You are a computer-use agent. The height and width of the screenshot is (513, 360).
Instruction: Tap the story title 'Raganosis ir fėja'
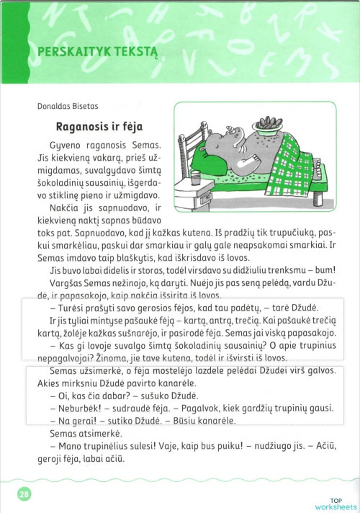(x=99, y=127)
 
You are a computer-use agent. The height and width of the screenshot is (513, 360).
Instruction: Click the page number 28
(x=23, y=494)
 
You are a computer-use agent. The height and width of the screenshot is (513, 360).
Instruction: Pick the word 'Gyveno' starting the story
(x=66, y=146)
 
